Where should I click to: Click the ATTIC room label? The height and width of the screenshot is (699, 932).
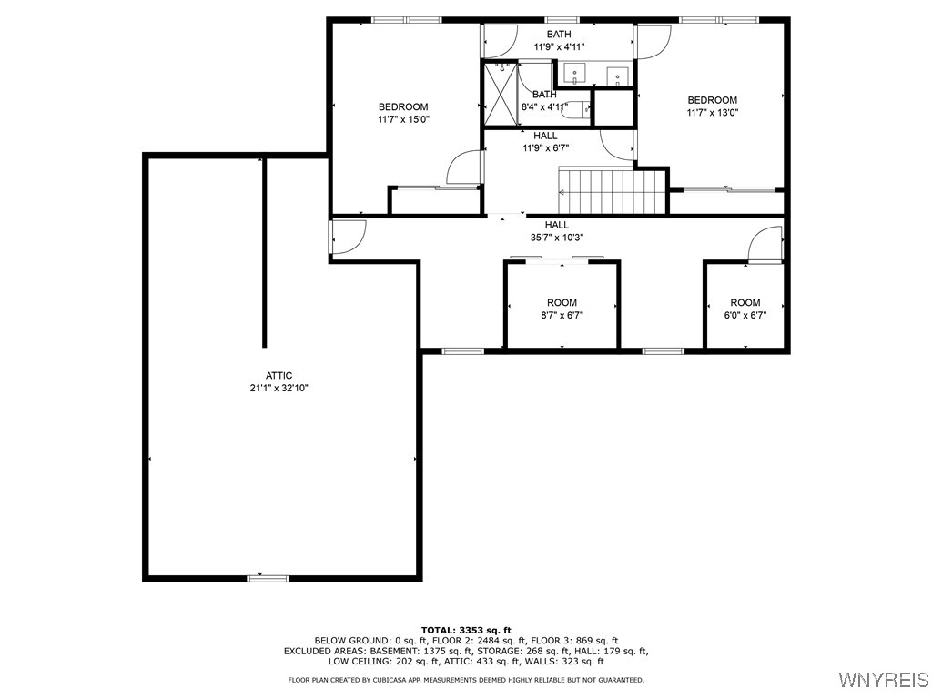click(279, 375)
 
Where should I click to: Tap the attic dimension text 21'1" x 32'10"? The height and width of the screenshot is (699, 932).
click(279, 388)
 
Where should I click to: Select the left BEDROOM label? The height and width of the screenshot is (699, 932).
click(403, 106)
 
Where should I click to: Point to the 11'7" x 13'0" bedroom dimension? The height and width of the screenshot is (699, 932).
click(712, 113)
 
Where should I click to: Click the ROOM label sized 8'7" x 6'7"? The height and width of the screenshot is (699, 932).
click(562, 302)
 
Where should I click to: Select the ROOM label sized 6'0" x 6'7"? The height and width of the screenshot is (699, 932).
click(745, 302)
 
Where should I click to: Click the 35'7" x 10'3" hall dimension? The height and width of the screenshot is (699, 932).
click(557, 238)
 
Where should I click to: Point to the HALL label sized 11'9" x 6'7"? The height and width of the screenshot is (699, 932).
click(545, 136)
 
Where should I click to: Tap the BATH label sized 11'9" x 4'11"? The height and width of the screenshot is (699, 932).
click(559, 35)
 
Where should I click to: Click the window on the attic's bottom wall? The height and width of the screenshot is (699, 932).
click(268, 577)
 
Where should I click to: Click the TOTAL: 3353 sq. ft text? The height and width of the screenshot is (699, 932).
click(466, 630)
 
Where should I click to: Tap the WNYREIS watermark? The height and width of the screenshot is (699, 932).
click(882, 680)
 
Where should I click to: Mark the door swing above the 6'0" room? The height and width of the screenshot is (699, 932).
click(765, 245)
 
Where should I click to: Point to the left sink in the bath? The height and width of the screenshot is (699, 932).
click(574, 73)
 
